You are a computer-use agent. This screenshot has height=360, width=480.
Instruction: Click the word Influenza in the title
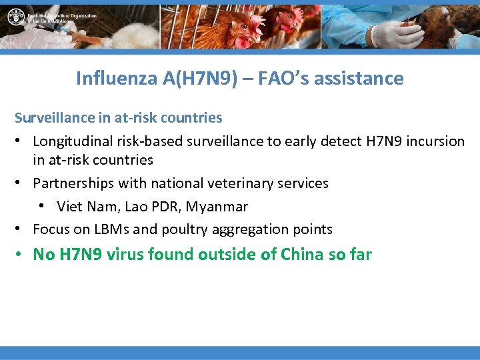click(117, 79)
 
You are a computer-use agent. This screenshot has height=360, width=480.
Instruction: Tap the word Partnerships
click(73, 183)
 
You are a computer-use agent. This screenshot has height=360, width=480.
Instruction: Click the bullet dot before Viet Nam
click(44, 206)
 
